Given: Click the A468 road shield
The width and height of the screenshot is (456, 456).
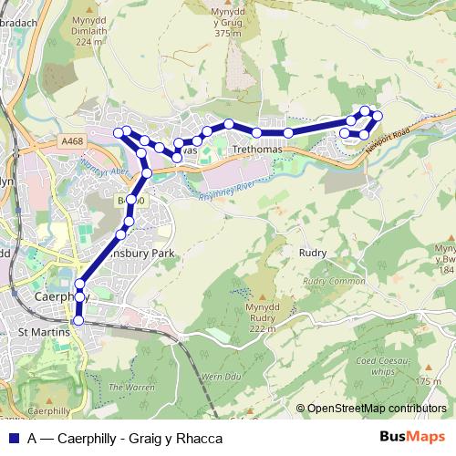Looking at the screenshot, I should click(75, 140).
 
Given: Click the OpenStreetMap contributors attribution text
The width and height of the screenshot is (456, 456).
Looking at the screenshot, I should click(377, 409).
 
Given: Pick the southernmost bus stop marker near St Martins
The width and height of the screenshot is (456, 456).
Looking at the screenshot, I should click(78, 320).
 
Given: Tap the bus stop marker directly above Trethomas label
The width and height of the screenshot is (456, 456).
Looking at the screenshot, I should click(257, 133).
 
